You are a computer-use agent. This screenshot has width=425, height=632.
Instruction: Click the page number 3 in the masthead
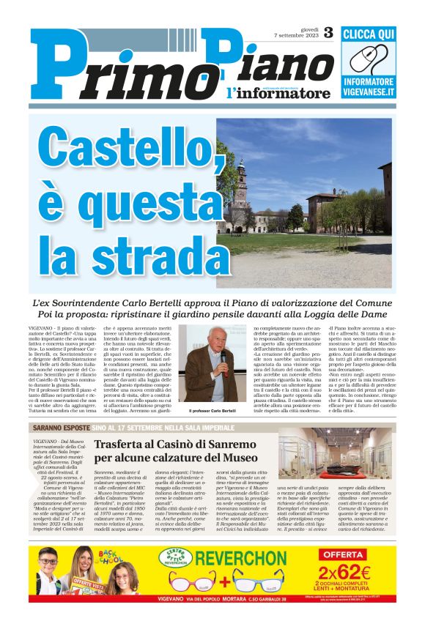click(327, 32)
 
